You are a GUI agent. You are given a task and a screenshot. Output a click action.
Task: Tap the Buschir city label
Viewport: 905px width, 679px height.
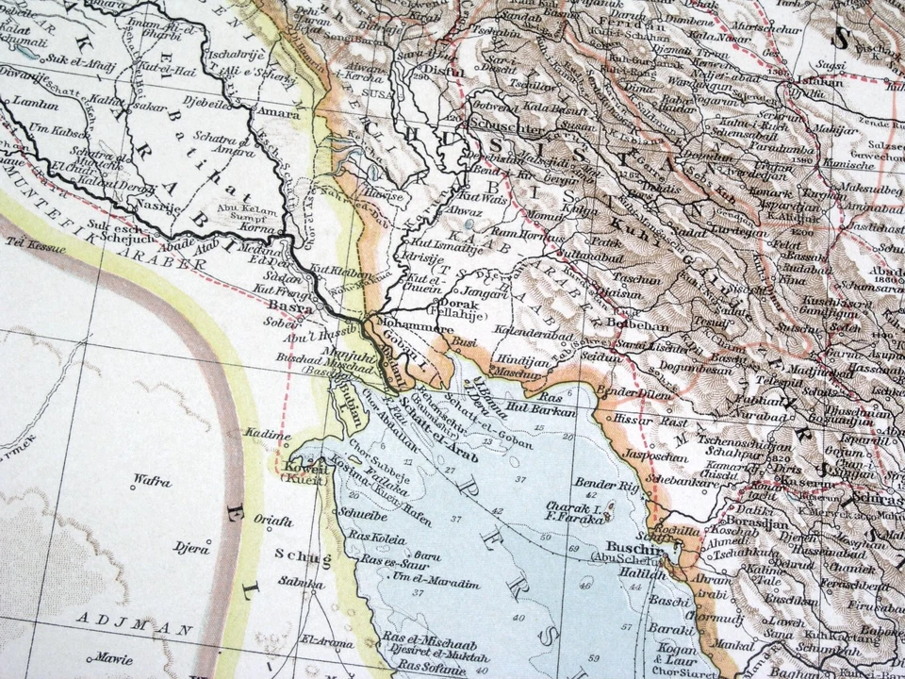pos(626,547)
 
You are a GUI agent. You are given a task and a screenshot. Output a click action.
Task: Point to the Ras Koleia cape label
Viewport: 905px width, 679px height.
pos(377,539)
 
